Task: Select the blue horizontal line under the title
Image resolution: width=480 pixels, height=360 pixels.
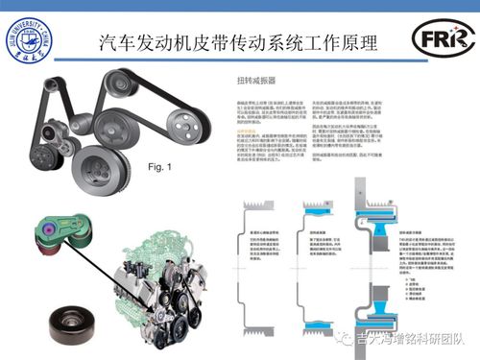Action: click(240, 62)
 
